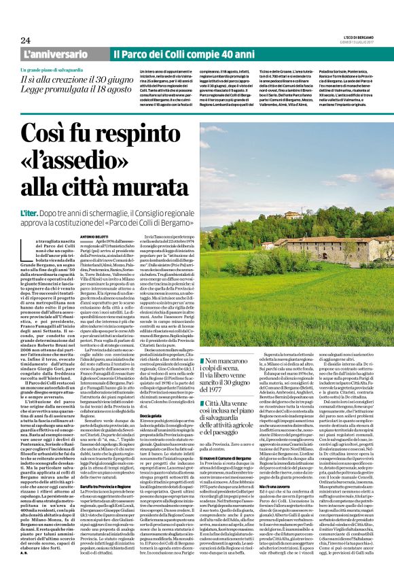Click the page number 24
pos(26,40)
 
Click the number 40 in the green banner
pos(213,54)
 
